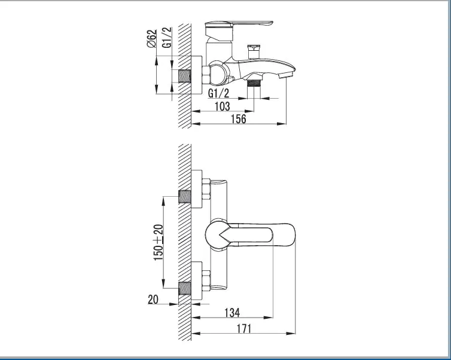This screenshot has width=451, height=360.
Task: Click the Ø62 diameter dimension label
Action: coord(151,38)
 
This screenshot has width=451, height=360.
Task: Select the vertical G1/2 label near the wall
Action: coord(167,37)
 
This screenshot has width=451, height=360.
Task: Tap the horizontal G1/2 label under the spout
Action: coord(218,93)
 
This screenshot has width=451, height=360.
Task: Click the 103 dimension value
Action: coord(223,106)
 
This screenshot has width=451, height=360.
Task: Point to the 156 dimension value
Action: coord(239,119)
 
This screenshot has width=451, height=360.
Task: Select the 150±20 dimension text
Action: coord(159,242)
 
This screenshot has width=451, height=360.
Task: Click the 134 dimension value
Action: coord(232,313)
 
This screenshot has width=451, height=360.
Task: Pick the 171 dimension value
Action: coord(243,328)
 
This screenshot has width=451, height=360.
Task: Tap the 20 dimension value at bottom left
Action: coord(153,300)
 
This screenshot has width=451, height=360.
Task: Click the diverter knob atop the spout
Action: coord(254,51)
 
